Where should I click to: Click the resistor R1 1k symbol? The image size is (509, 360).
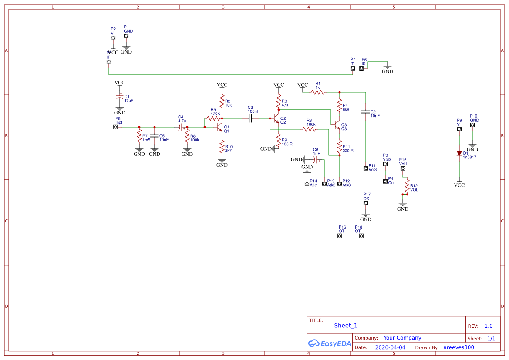point(318,92)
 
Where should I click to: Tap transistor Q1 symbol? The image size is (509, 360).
point(220,127)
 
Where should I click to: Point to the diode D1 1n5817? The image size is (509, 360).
point(459,153)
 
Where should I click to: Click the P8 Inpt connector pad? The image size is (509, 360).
point(115,127)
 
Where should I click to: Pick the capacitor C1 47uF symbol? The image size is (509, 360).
point(119,97)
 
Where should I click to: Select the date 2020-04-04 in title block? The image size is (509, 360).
point(390,347)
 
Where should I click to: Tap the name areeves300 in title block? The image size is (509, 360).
point(458,347)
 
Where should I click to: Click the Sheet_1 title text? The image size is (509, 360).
point(346,325)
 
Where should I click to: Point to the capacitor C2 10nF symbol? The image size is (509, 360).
point(365,112)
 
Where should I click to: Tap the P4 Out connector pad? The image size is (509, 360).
point(385,182)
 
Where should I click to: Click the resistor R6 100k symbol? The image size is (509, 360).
point(309,129)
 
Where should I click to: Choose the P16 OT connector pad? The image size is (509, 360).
point(340,236)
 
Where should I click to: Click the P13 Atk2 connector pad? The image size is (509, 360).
point(324,184)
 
